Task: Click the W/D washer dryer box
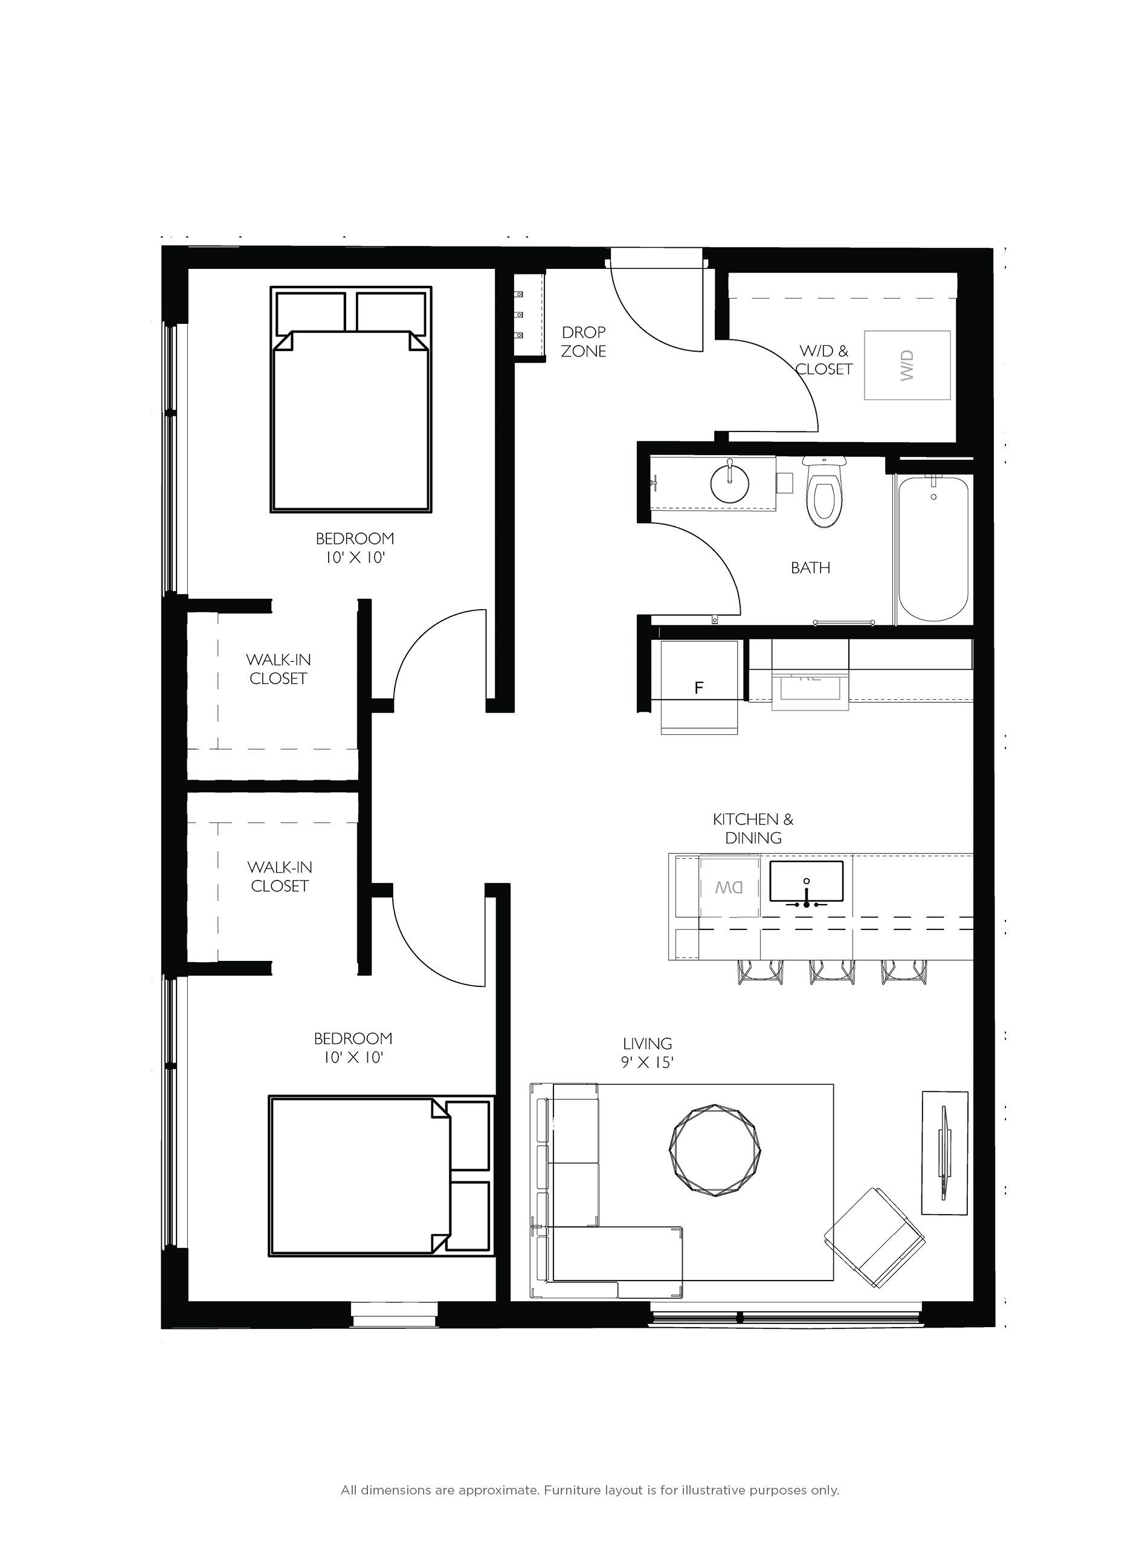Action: click(x=907, y=365)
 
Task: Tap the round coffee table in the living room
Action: click(x=714, y=1151)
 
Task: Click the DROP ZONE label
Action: click(x=584, y=341)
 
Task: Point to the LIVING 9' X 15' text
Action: click(x=647, y=1053)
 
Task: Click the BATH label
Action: click(x=810, y=567)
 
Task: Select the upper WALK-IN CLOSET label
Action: click(x=278, y=669)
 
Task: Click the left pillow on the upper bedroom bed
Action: click(x=311, y=312)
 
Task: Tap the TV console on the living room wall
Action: click(x=944, y=1152)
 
